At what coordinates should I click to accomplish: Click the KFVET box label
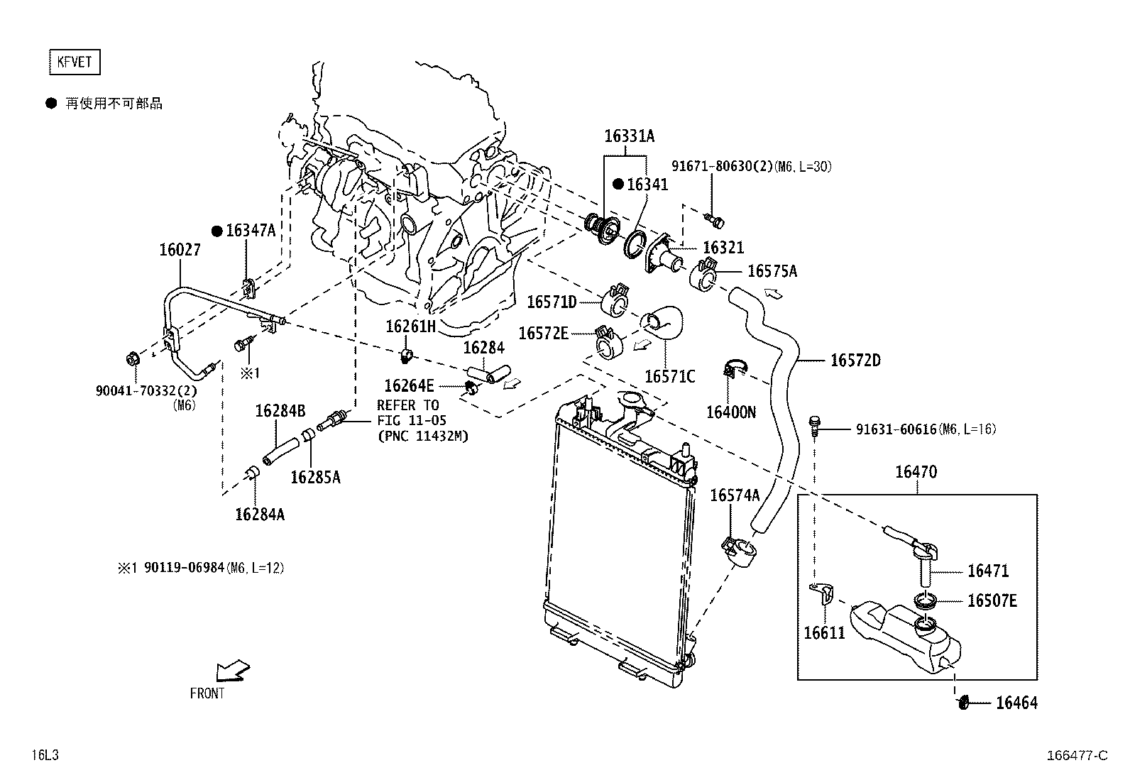[x=74, y=62]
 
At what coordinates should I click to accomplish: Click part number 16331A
[x=629, y=136]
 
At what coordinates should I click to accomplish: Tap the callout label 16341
[x=647, y=185]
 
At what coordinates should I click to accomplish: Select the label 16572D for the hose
[x=855, y=361]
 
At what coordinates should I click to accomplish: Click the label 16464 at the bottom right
[x=1016, y=703]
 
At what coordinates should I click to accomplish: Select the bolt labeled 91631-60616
[x=816, y=424]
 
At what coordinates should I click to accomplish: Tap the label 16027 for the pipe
[x=180, y=250]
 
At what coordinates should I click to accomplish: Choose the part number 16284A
[x=259, y=515]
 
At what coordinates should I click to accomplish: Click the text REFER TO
[x=407, y=405]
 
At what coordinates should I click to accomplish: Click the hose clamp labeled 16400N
[x=732, y=369]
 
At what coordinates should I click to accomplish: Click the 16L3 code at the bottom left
[x=44, y=755]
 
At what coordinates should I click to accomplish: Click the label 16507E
[x=992, y=601]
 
